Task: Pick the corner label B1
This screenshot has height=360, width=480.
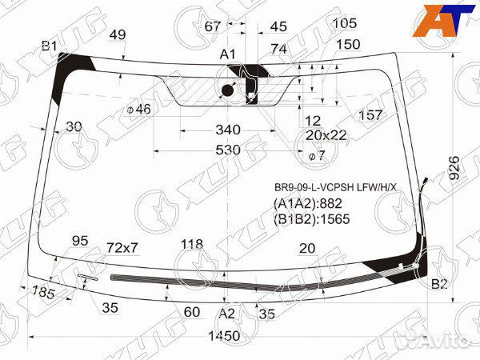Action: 49,46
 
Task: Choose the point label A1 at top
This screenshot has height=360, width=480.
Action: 228,54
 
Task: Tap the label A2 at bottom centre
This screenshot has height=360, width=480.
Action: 228,314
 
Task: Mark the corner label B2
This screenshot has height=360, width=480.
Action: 439,285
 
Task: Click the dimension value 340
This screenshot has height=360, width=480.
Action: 228,130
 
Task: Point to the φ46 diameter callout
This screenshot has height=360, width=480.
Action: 138,109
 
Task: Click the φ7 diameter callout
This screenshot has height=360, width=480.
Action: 316,154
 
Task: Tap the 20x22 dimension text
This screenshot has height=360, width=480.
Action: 326,135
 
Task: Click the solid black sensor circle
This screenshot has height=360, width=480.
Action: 227,91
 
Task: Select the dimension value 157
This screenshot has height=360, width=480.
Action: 370,115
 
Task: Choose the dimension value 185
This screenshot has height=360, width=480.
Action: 44,294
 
